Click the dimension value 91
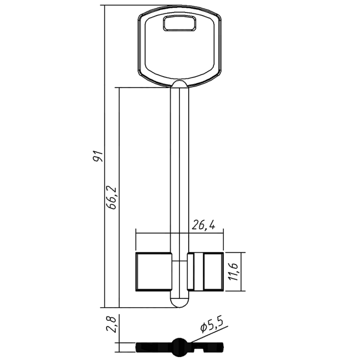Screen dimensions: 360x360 click(98, 156)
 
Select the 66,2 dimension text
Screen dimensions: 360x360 click(113, 198)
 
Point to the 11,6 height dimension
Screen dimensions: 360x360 click(234, 272)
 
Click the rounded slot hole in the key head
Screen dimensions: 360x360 click(180, 23)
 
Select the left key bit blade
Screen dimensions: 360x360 click(154, 271)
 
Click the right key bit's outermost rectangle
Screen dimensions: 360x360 click(213, 271)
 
